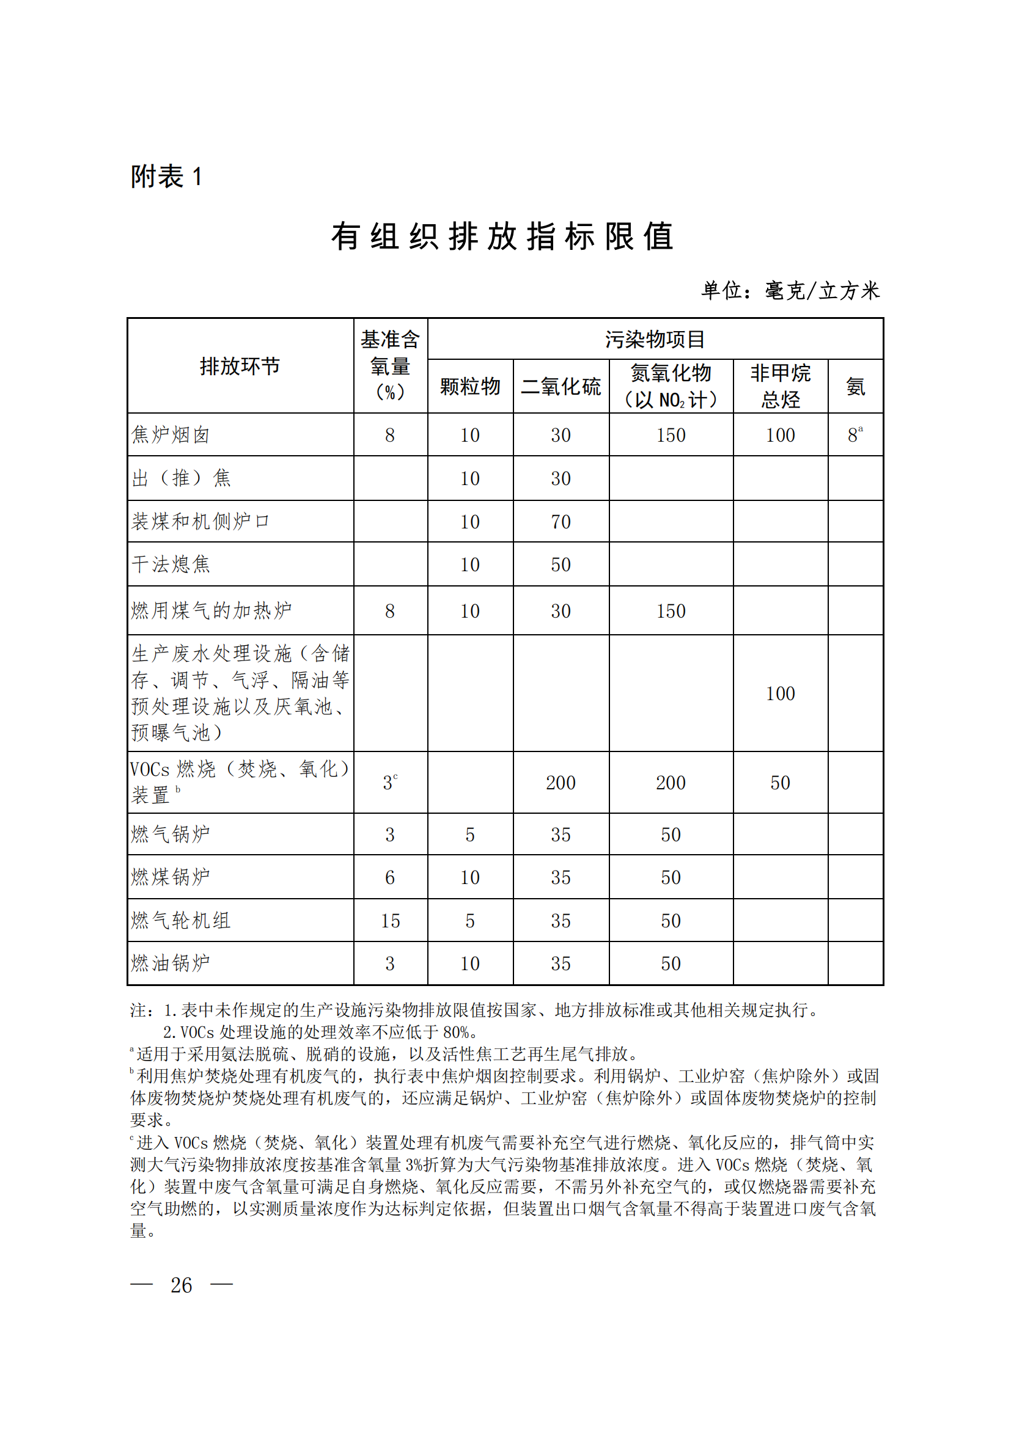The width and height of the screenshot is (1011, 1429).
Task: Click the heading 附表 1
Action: [x=166, y=177]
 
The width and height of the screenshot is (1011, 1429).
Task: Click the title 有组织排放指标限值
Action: [x=502, y=237]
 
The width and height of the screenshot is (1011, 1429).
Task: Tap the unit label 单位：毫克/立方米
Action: [x=790, y=291]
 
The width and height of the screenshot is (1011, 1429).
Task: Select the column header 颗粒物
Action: [x=470, y=387]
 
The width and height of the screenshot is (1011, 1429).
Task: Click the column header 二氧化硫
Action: [x=561, y=387]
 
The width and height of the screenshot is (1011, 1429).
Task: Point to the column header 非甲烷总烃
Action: [x=780, y=387]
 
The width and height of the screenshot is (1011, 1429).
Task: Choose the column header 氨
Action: [x=855, y=387]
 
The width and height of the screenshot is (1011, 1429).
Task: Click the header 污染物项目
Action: [x=655, y=339]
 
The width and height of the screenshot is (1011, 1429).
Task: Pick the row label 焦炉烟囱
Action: [x=171, y=435]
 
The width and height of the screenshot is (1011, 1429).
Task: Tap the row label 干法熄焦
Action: [x=171, y=565]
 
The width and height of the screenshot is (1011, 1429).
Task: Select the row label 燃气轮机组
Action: [x=180, y=921]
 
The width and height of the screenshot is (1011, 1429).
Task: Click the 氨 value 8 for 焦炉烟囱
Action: [x=853, y=435]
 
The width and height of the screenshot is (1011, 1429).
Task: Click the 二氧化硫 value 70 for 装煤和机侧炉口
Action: [x=561, y=522]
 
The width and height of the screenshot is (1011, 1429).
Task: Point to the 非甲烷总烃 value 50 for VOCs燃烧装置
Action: [x=780, y=783]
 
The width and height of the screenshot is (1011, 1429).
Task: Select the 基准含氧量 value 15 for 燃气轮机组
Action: [x=391, y=921]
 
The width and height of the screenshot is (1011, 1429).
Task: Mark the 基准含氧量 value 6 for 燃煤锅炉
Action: [x=390, y=877]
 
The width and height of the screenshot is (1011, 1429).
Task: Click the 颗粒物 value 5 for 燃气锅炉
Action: [x=470, y=835]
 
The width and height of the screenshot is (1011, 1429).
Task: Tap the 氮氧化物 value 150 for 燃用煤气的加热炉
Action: [x=671, y=611]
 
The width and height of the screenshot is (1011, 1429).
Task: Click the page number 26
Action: [x=181, y=1285]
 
